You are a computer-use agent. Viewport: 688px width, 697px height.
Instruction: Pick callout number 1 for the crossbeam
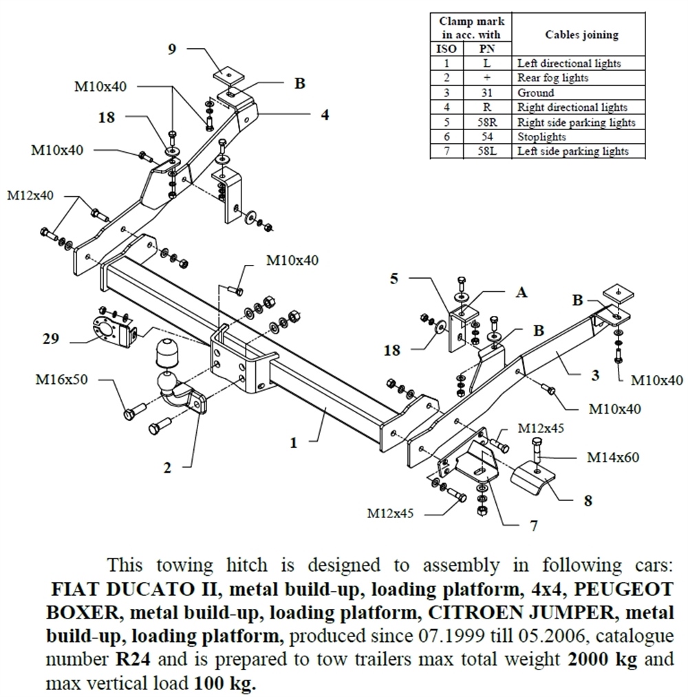click(x=294, y=443)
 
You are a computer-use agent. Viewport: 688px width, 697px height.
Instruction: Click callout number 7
click(x=533, y=526)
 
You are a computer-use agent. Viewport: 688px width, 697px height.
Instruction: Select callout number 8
click(x=588, y=501)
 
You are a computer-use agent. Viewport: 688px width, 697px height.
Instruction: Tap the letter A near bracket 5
click(x=522, y=292)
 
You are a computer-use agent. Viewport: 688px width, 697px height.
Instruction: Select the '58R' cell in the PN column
click(x=486, y=122)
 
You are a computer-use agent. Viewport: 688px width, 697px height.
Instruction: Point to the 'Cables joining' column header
click(x=581, y=34)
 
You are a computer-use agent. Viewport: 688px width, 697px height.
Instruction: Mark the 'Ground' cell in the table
click(x=535, y=93)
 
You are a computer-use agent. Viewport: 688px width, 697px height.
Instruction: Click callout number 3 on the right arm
click(x=595, y=376)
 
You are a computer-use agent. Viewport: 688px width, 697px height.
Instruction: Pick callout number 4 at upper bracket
click(x=324, y=114)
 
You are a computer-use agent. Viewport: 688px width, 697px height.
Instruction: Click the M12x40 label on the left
click(x=30, y=195)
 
